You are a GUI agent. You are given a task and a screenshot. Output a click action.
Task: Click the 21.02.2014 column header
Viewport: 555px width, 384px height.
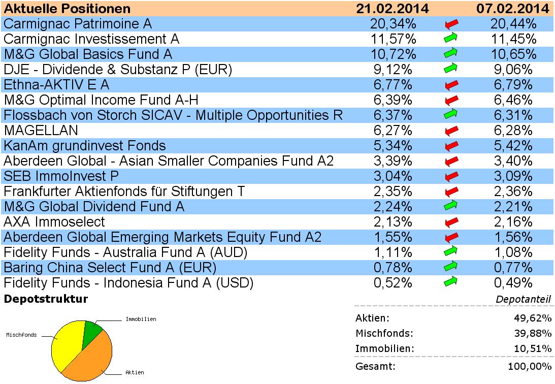(393, 9)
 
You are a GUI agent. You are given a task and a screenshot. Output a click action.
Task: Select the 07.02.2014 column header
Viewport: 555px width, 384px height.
(513, 9)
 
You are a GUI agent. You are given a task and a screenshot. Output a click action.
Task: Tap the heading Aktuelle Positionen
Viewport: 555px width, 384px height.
(67, 9)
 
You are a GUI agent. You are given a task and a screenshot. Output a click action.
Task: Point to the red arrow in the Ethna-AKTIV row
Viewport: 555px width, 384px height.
(451, 85)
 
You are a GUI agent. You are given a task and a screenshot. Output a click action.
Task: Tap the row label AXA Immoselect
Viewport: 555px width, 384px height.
(54, 222)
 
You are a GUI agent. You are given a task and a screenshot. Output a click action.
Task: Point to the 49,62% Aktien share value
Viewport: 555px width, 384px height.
(532, 319)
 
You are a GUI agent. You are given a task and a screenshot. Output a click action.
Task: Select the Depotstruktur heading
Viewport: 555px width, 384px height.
(46, 300)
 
